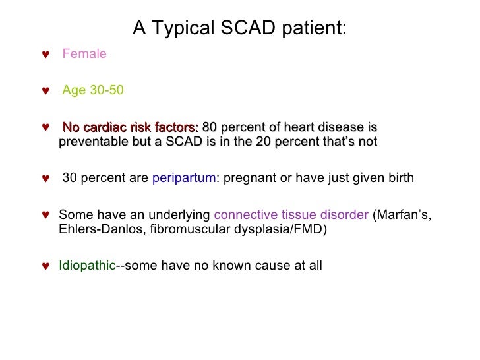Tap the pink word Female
pos(84,54)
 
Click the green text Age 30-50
pos(93,90)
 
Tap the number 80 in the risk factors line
pos(210,127)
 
